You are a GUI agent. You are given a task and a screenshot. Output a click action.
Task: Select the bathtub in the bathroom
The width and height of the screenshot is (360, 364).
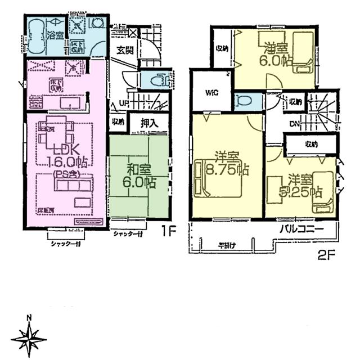pyautogui.click(x=37, y=34)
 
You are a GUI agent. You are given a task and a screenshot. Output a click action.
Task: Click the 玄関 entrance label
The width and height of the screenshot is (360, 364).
pyautogui.click(x=125, y=50)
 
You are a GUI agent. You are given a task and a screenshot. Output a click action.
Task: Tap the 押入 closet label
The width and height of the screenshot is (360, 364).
pyautogui.click(x=148, y=122)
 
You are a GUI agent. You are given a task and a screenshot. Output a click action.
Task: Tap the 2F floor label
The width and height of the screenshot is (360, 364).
pyautogui.click(x=325, y=253)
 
